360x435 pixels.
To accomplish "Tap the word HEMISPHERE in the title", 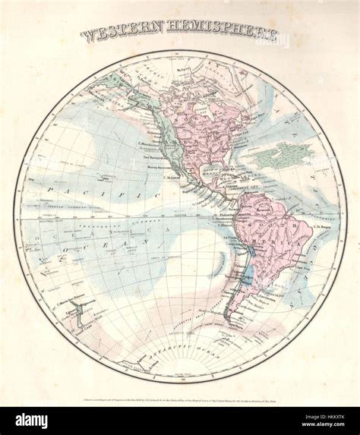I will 219,34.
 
